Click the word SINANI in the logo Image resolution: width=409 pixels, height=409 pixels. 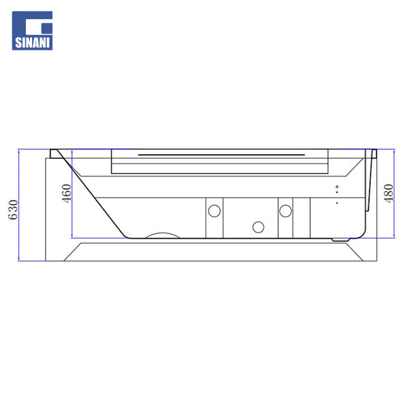pos(32,42)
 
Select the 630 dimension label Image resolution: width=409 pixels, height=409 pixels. pos(14,209)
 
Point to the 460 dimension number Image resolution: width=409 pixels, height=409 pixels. pos(67,194)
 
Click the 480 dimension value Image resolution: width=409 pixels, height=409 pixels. pos(389,194)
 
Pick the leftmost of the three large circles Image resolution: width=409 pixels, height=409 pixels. pos(215,211)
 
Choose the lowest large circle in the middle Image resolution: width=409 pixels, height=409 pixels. pos(258,227)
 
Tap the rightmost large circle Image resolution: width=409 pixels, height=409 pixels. pos(286,211)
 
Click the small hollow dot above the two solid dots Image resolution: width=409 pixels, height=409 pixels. pos(337,187)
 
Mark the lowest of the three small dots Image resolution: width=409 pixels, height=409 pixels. pos(337,202)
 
